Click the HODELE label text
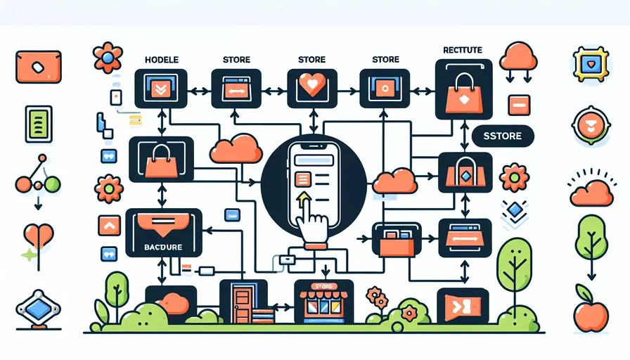tap(162, 60)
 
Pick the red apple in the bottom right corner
tap(589, 314)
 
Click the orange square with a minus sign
tap(518, 104)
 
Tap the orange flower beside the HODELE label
tap(108, 57)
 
